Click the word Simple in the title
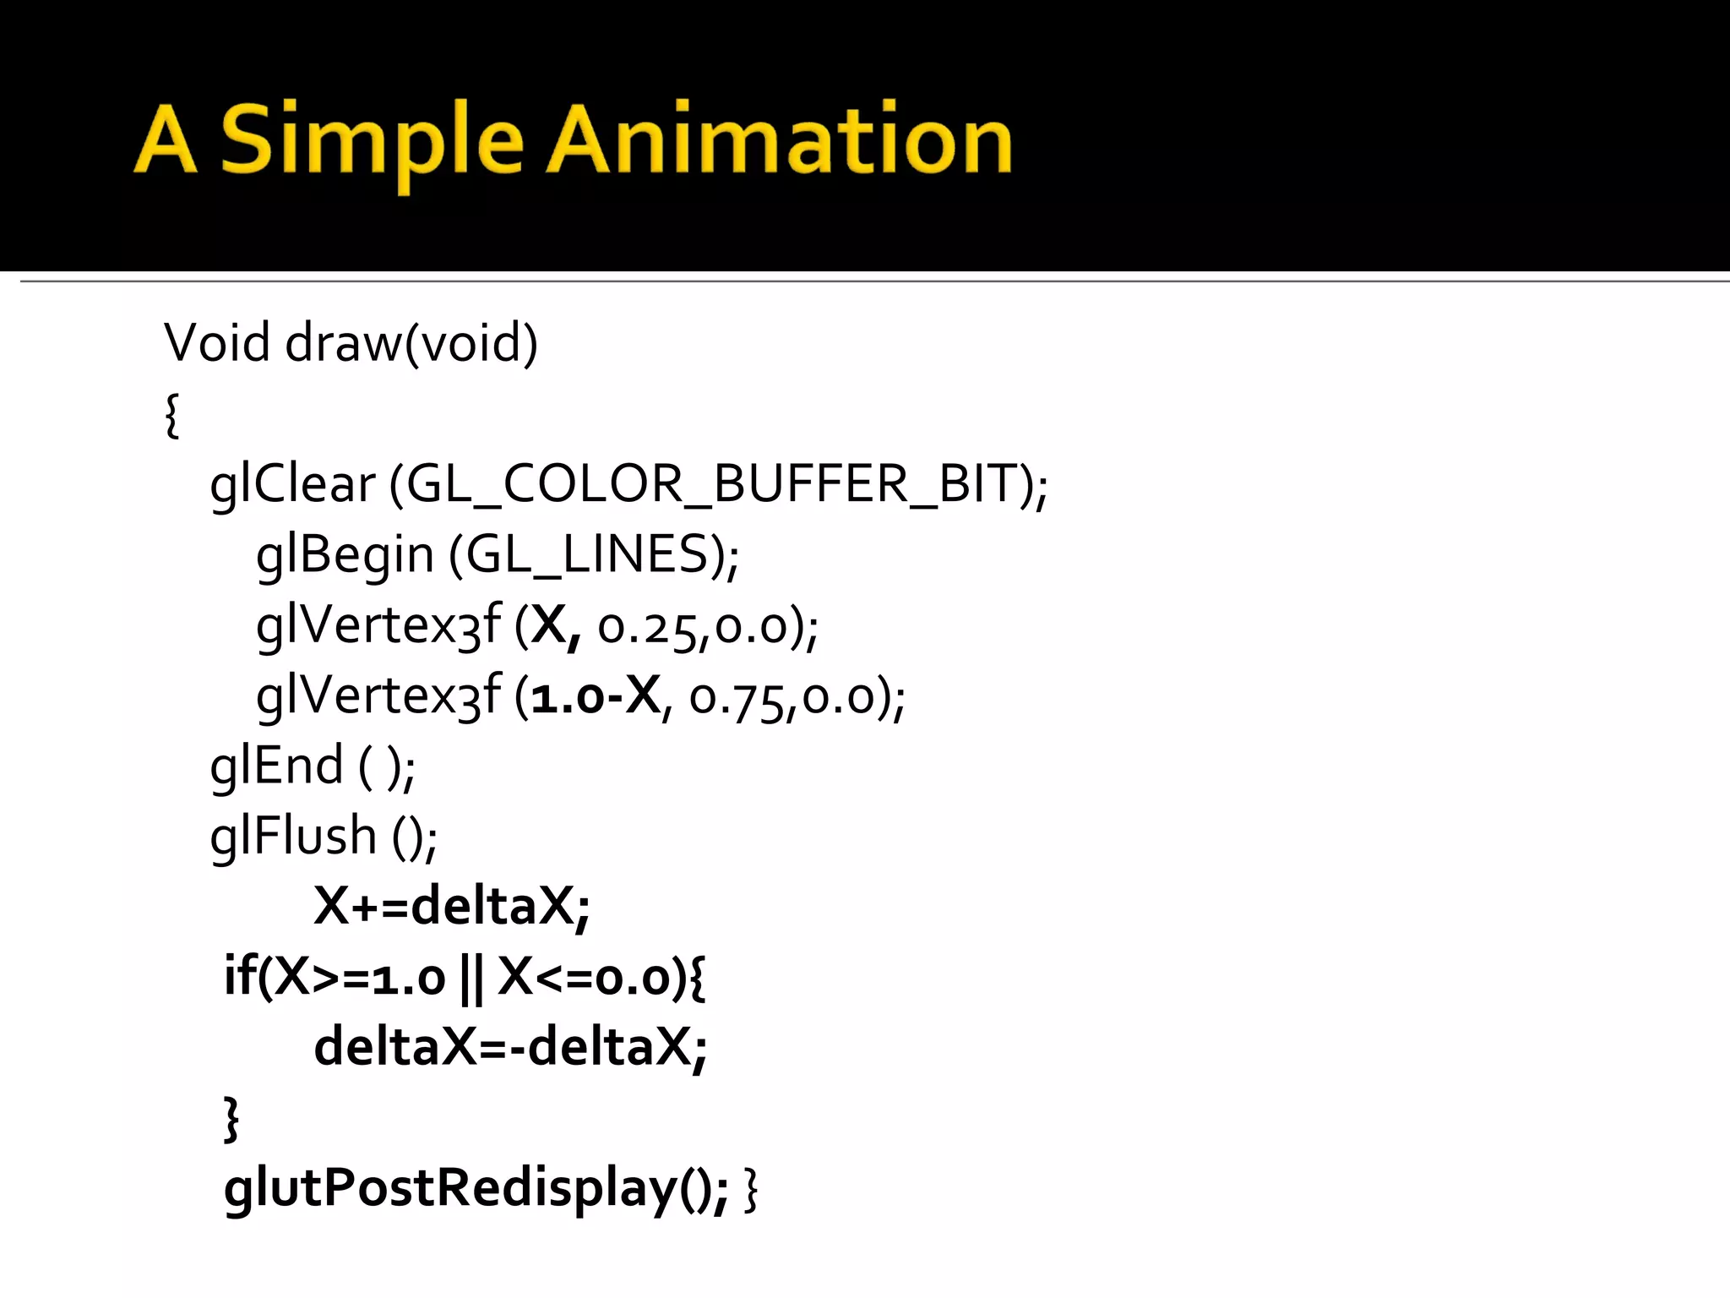pyautogui.click(x=372, y=140)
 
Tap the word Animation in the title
pyautogui.click(x=781, y=140)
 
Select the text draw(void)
pyautogui.click(x=411, y=343)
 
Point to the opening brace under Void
pyautogui.click(x=172, y=415)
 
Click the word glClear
pyautogui.click(x=292, y=485)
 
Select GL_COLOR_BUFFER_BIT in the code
pyautogui.click(x=713, y=485)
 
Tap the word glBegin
pyautogui.click(x=345, y=555)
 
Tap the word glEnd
pyautogui.click(x=276, y=766)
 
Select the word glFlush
pyautogui.click(x=292, y=837)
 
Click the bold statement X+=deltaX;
pyautogui.click(x=452, y=907)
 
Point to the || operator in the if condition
pyautogui.click(x=472, y=979)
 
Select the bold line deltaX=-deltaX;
pyautogui.click(x=510, y=1048)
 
